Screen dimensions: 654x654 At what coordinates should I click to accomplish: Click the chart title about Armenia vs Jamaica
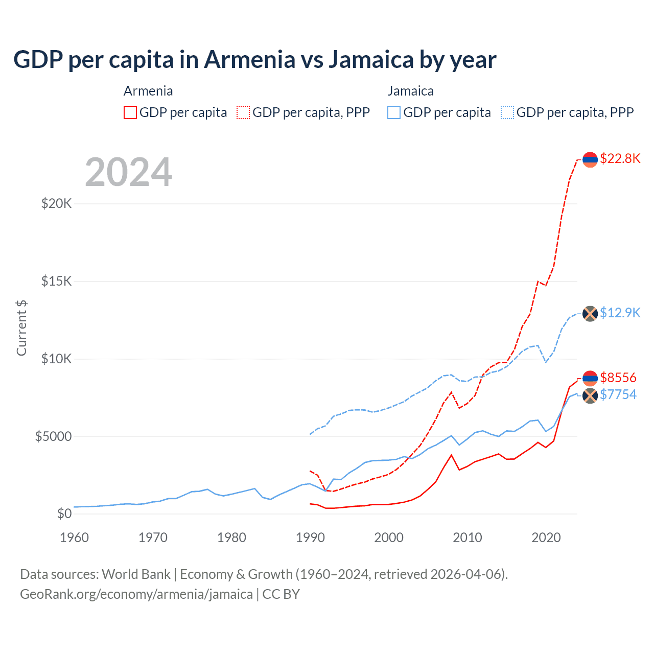click(x=254, y=59)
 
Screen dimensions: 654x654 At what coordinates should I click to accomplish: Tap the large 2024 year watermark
click(x=128, y=172)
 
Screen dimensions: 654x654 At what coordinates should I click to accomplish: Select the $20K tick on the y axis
click(x=56, y=204)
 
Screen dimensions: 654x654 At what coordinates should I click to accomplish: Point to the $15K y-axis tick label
click(x=56, y=282)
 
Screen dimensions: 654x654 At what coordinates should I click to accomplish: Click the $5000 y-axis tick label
click(x=53, y=436)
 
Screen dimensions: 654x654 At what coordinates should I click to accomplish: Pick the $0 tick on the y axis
click(x=64, y=513)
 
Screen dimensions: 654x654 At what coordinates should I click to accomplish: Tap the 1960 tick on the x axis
click(x=75, y=538)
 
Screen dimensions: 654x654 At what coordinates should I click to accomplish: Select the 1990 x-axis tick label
click(x=310, y=538)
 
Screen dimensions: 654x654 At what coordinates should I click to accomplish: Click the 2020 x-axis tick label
click(x=546, y=538)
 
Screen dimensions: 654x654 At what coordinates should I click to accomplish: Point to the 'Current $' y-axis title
click(x=21, y=328)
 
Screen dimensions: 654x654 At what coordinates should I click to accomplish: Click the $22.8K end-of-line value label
click(x=620, y=158)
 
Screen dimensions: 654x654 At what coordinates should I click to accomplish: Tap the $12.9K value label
click(x=620, y=313)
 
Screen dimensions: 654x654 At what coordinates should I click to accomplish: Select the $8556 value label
click(x=618, y=378)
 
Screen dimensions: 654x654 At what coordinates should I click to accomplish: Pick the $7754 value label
click(x=618, y=394)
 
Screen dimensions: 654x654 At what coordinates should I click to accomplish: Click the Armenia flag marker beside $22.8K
click(x=590, y=159)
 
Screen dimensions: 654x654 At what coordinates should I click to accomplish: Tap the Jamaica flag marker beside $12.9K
click(x=590, y=313)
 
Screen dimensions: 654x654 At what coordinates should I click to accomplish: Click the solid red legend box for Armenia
click(x=130, y=112)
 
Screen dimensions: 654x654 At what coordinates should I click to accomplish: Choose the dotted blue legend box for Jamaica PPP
click(x=507, y=112)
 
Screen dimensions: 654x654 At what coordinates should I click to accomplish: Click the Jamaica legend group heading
click(x=410, y=91)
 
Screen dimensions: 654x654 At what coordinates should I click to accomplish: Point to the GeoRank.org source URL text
click(x=136, y=594)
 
